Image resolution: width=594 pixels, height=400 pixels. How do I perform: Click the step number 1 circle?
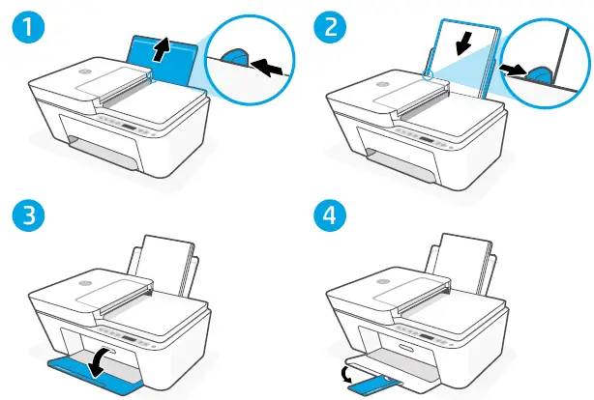click(21, 22)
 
